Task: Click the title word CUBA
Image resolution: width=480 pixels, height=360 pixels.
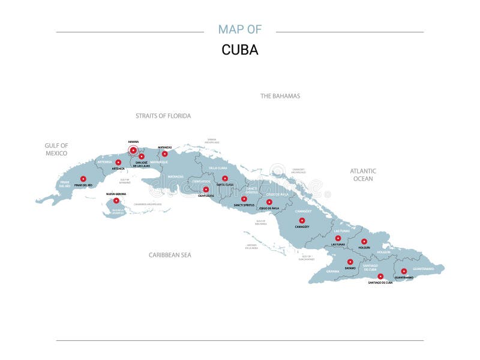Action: pyautogui.click(x=240, y=50)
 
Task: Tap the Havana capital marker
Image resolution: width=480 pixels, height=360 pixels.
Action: pyautogui.click(x=133, y=150)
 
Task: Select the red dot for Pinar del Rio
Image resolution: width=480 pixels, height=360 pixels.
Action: pyautogui.click(x=83, y=179)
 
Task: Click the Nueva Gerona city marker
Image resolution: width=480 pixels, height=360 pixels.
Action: pyautogui.click(x=116, y=201)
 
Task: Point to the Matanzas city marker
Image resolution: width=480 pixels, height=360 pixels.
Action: pyautogui.click(x=164, y=154)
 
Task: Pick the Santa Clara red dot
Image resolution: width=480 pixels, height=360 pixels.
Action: pyautogui.click(x=225, y=178)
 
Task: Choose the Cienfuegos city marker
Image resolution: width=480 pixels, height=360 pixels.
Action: pyautogui.click(x=206, y=190)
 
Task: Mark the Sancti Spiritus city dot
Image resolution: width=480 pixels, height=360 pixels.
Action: pyautogui.click(x=244, y=199)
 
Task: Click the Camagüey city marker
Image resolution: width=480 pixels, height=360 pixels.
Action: pyautogui.click(x=302, y=220)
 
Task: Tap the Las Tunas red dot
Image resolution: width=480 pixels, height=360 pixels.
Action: pyautogui.click(x=338, y=238)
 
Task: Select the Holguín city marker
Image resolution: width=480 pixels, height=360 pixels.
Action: pyautogui.click(x=364, y=241)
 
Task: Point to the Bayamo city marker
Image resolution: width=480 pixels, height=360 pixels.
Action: pyautogui.click(x=350, y=262)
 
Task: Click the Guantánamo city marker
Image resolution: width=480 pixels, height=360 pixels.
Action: pyautogui.click(x=404, y=271)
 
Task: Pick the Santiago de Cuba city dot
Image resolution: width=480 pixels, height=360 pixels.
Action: pyautogui.click(x=380, y=276)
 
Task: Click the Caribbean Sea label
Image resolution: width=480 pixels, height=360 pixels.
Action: pyautogui.click(x=170, y=255)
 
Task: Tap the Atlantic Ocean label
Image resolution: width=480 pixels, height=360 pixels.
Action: pyautogui.click(x=363, y=175)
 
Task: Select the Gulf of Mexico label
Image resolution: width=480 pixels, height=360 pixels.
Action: pyautogui.click(x=56, y=149)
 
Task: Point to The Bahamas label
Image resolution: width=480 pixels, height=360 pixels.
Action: pyautogui.click(x=280, y=96)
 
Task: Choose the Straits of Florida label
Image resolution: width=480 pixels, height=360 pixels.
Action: pyautogui.click(x=163, y=116)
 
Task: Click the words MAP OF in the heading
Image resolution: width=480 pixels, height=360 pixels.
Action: pyautogui.click(x=240, y=29)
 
